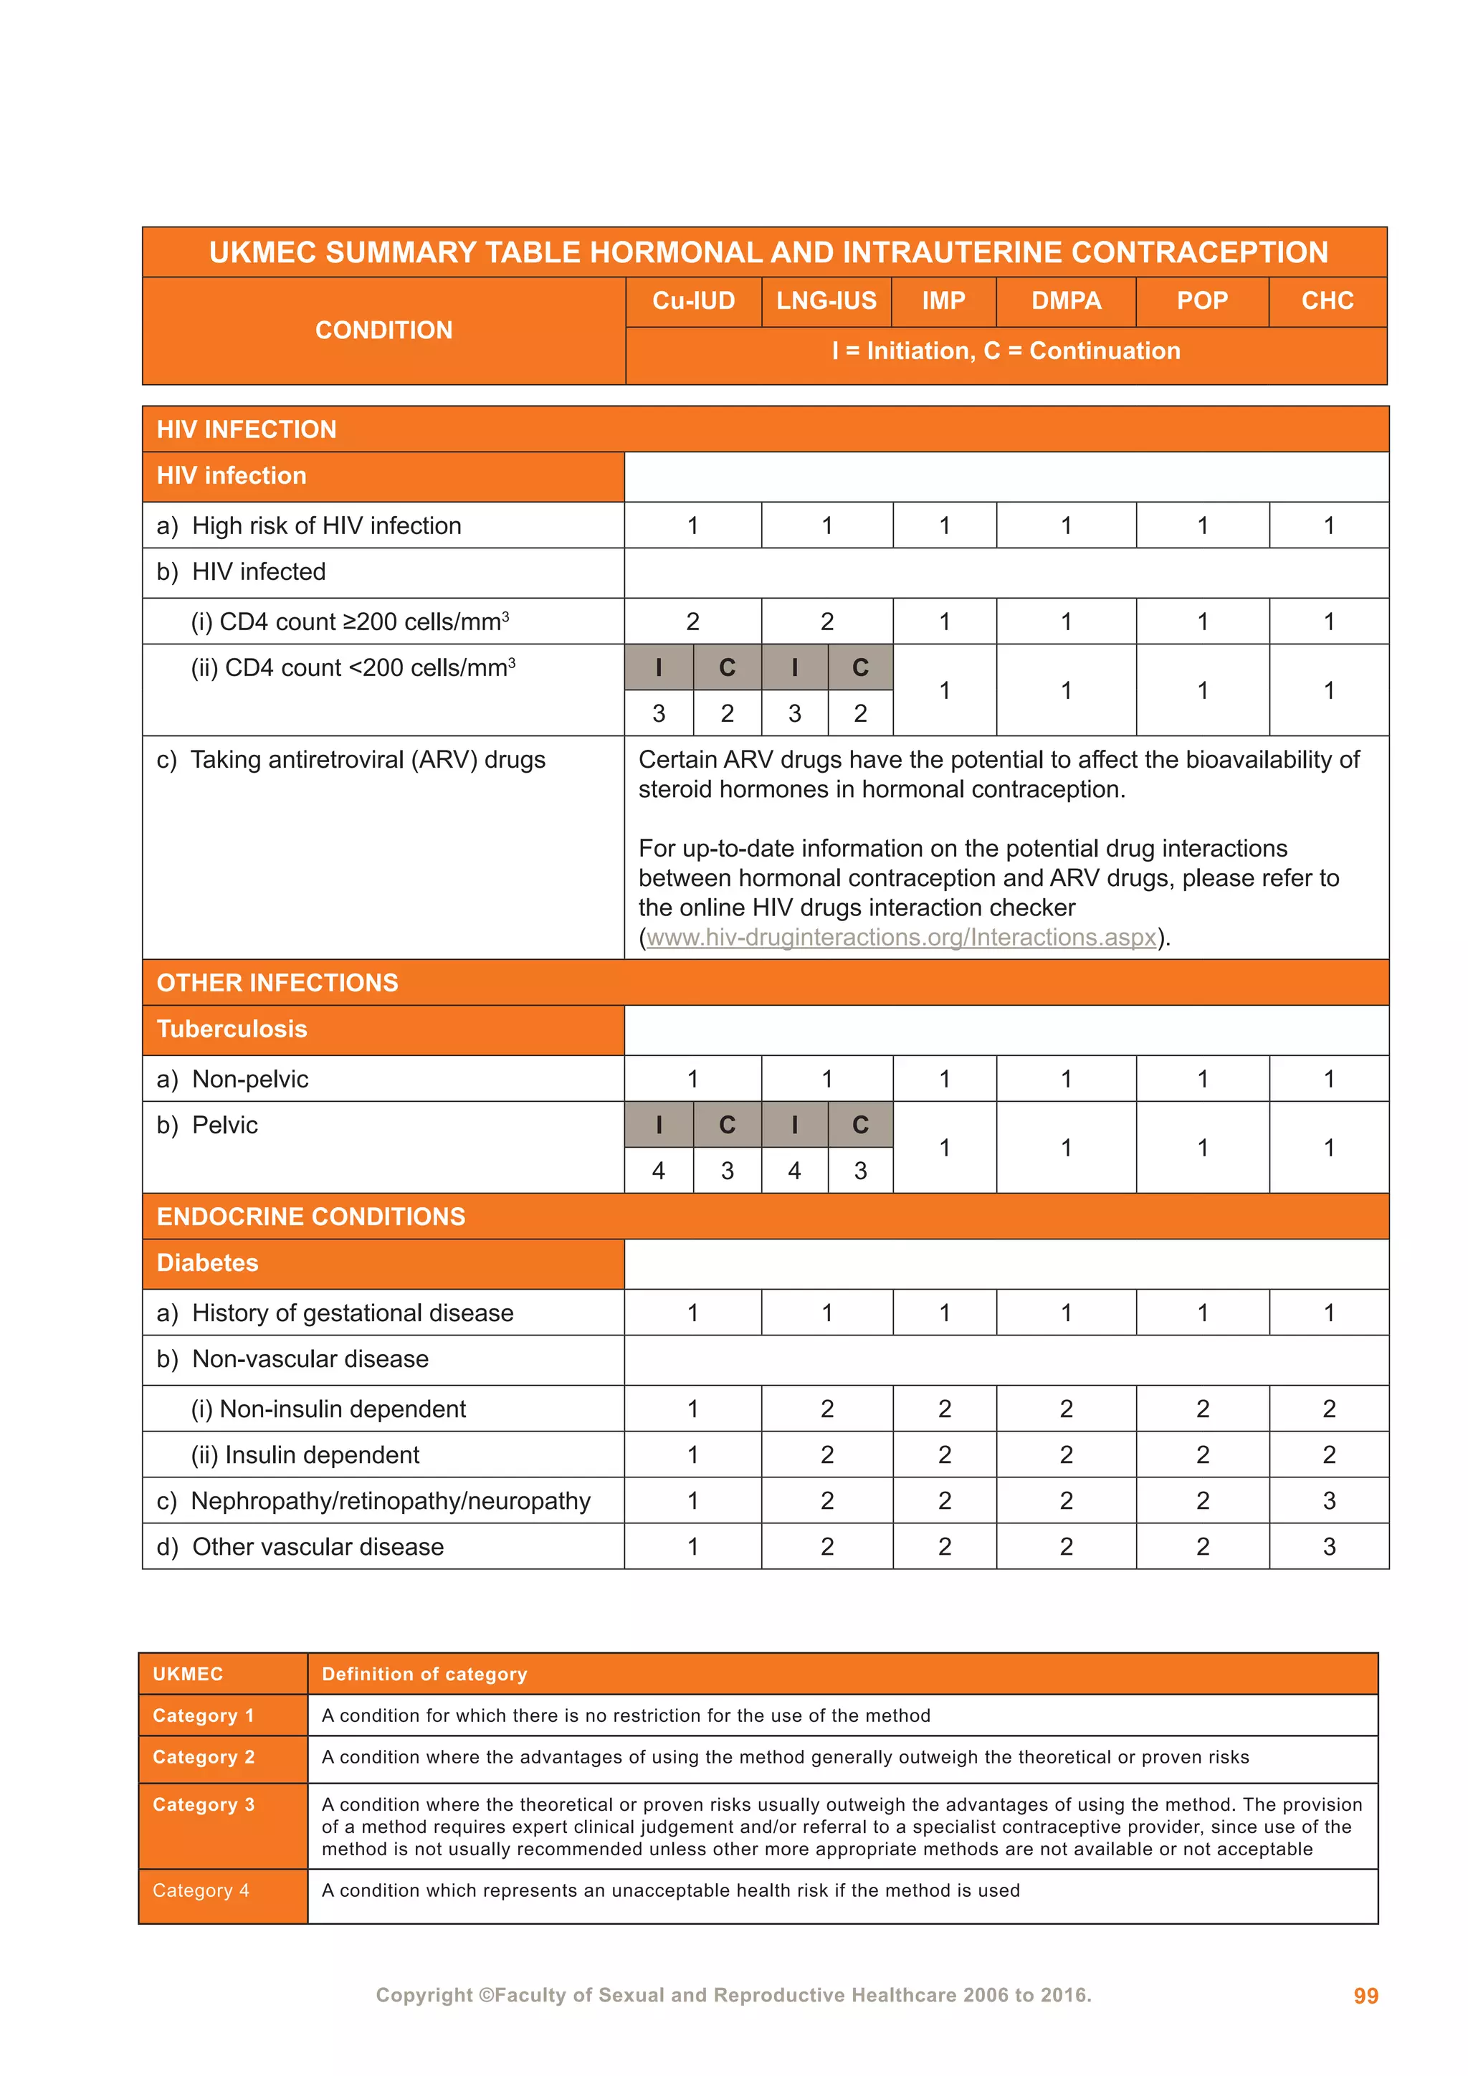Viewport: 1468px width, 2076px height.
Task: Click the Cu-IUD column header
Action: tap(693, 300)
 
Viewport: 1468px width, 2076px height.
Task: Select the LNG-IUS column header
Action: tap(826, 300)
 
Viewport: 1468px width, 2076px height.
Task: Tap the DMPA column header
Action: tap(1066, 300)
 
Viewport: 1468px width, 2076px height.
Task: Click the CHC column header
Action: tap(1327, 300)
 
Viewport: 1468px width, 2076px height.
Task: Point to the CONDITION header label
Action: tap(383, 330)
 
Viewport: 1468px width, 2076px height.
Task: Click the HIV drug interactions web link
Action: tap(901, 938)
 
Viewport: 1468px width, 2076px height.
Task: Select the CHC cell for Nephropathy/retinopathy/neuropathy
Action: tap(1329, 1501)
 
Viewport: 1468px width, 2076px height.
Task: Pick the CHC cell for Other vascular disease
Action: tap(1329, 1547)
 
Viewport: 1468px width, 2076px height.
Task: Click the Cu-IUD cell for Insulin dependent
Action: tap(692, 1454)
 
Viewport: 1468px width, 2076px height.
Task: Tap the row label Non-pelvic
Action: tap(249, 1079)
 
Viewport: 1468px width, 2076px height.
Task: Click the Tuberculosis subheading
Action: tap(232, 1029)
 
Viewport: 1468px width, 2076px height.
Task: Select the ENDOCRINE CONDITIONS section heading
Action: tap(311, 1216)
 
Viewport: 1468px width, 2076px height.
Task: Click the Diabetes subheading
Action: tap(208, 1262)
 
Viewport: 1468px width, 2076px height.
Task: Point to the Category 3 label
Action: tap(204, 1805)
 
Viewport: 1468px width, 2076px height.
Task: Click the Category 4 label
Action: tap(201, 1890)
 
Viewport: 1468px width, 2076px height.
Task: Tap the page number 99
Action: tap(1365, 1996)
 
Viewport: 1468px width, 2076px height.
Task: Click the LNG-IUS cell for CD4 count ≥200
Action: tap(826, 622)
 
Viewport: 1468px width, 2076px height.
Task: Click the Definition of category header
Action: tap(424, 1674)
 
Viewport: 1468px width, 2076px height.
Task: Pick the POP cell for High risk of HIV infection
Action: tap(1202, 525)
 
